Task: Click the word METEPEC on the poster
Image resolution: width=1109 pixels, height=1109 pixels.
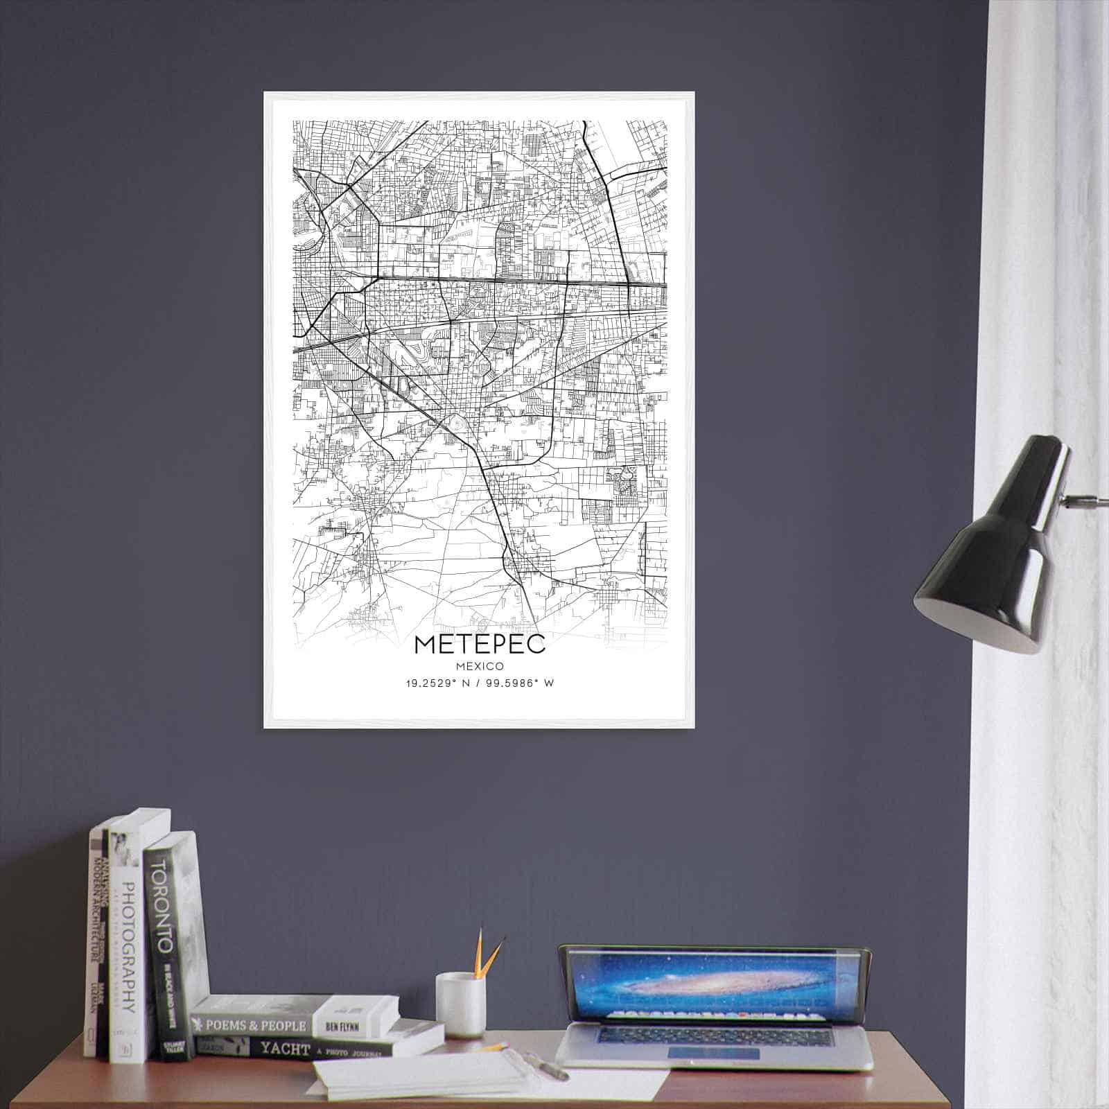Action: (480, 643)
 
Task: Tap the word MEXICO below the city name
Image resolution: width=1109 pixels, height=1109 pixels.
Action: (480, 665)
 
